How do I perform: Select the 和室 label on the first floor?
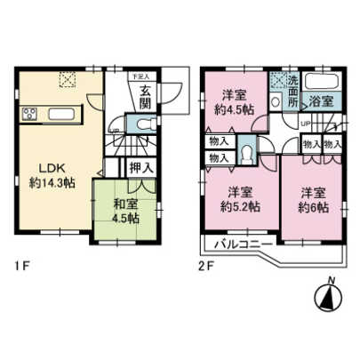coord(124,204)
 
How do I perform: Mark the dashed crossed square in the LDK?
coord(68,81)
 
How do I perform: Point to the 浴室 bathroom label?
coord(323,103)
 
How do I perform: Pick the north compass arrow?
coord(328,297)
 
